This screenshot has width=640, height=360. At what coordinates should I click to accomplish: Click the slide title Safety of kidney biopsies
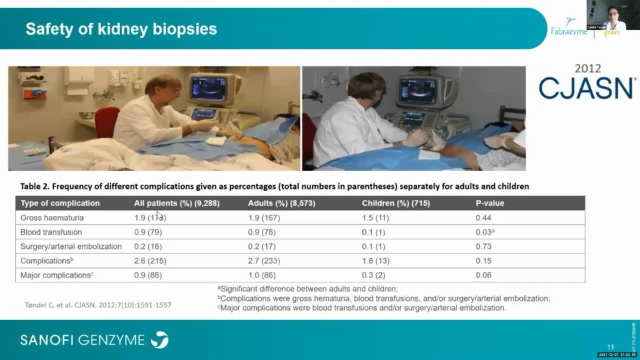[121, 29]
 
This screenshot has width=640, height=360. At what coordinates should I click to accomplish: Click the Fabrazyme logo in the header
[569, 29]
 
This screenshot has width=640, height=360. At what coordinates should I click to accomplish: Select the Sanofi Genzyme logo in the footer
[94, 339]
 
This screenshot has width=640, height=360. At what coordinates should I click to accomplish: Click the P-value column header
[489, 203]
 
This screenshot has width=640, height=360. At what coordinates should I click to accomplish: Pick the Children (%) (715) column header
[395, 203]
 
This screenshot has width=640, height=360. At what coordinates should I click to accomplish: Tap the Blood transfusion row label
[51, 232]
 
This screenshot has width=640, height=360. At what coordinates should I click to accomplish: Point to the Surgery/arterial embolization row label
[71, 246]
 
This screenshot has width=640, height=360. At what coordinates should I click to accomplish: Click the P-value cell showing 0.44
[483, 218]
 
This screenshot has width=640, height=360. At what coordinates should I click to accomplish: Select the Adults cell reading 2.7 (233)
[264, 261]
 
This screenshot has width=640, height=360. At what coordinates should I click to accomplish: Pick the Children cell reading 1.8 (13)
[375, 261]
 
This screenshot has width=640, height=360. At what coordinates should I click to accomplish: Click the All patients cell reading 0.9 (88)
[148, 275]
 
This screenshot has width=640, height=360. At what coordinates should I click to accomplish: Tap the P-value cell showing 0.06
[483, 275]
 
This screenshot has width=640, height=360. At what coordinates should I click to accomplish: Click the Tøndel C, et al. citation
[98, 305]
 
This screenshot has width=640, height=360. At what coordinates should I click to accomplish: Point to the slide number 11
[611, 348]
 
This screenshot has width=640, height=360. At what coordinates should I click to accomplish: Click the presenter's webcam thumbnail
[613, 15]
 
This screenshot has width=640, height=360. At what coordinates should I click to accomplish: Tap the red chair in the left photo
[106, 121]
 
